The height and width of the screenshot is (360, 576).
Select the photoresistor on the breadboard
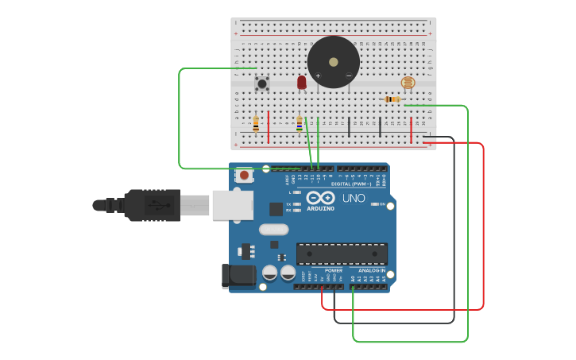408,82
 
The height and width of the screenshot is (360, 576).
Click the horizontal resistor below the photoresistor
392,99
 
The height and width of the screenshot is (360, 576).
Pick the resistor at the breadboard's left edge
256,123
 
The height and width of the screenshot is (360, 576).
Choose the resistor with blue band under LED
299,122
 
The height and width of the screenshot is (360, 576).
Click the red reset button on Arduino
244,175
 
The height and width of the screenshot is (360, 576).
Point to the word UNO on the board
354,198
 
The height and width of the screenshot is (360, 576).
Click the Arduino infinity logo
320,197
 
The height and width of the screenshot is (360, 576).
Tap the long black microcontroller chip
342,254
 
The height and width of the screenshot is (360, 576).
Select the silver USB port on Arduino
232,204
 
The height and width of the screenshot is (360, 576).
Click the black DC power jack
238,275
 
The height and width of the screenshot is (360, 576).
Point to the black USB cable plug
151,204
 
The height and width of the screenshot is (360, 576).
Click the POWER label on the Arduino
333,270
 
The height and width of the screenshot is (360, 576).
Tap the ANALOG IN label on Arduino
372,270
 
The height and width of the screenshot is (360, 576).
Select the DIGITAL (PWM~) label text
351,184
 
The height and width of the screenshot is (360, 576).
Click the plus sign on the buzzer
319,76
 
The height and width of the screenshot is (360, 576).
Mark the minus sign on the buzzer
348,76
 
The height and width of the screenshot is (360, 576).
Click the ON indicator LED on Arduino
376,204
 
